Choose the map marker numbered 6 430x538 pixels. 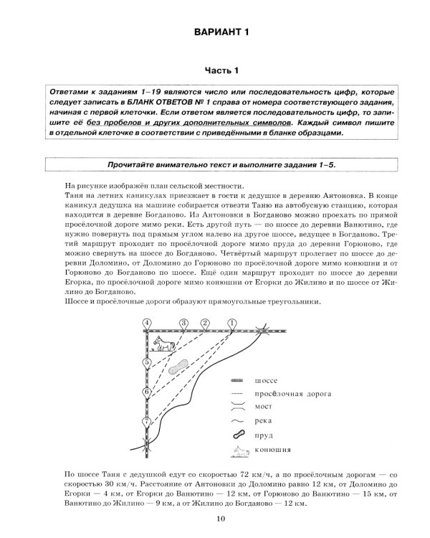pyautogui.click(x=147, y=392)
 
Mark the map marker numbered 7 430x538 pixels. pyautogui.click(x=147, y=423)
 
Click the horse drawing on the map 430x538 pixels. pyautogui.click(x=167, y=345)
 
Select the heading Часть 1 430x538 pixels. pyautogui.click(x=214, y=70)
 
